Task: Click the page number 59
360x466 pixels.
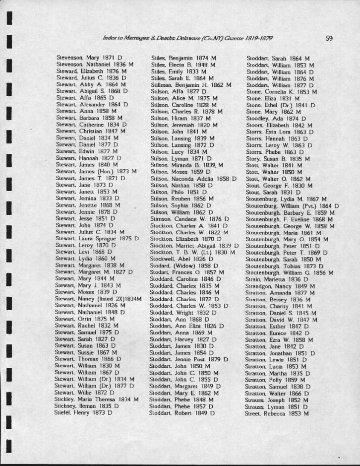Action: pyautogui.click(x=329, y=38)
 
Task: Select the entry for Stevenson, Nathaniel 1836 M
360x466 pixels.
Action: pyautogui.click(x=95, y=65)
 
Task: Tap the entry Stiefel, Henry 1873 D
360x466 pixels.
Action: pyautogui.click(x=83, y=412)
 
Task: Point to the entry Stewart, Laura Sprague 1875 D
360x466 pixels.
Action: pyautogui.click(x=97, y=239)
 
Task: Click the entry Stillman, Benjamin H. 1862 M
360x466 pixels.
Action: pyautogui.click(x=191, y=85)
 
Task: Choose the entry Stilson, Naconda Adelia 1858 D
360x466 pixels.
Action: pyautogui.click(x=193, y=178)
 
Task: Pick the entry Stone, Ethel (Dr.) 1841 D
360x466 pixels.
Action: pyautogui.click(x=281, y=105)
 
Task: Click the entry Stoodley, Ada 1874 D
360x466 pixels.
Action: pyautogui.click(x=276, y=119)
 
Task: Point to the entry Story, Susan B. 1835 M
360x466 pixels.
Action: pyautogui.click(x=278, y=159)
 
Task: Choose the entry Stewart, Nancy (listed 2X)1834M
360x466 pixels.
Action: pyautogui.click(x=98, y=299)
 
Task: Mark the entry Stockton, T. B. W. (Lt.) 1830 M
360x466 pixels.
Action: pyautogui.click(x=192, y=252)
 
